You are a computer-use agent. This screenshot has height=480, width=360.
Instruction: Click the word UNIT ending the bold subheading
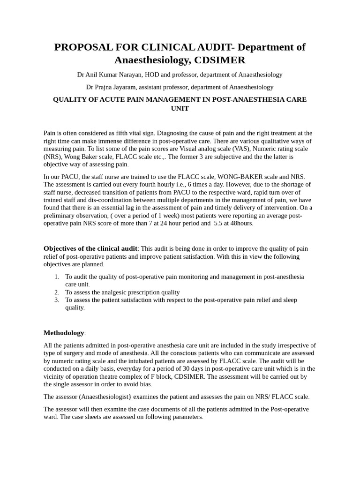tap(180, 108)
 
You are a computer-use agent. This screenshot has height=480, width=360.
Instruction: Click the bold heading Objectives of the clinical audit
tap(90, 248)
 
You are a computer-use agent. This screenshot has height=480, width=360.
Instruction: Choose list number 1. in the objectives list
tap(57, 277)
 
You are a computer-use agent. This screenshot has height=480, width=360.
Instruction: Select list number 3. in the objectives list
tap(57, 300)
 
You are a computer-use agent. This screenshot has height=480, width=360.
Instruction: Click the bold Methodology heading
tap(64, 333)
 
